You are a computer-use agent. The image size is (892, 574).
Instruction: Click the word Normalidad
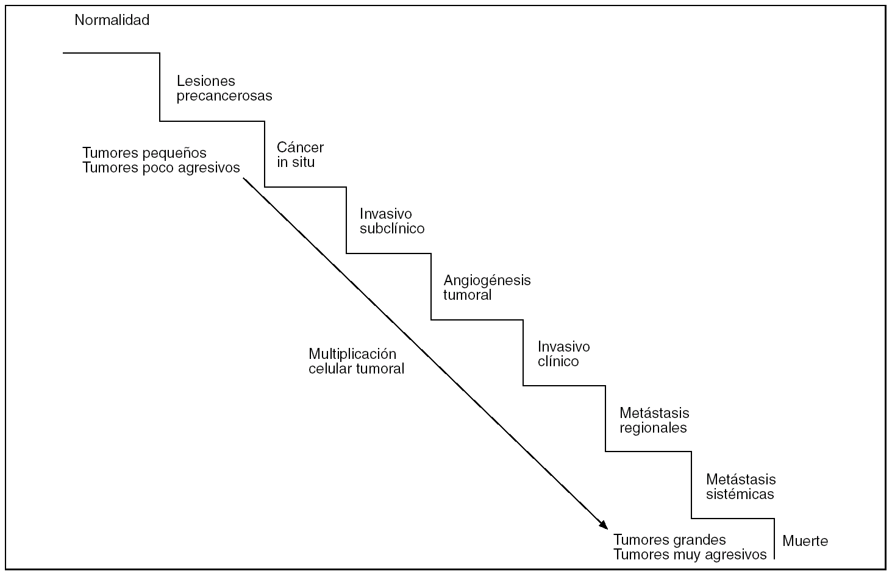coord(112,20)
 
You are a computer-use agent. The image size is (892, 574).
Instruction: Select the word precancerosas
coord(224,96)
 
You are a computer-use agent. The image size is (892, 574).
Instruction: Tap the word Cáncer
coord(300,147)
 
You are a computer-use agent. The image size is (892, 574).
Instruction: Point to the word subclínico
coord(391,229)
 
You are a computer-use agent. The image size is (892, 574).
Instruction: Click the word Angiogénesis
coord(487,281)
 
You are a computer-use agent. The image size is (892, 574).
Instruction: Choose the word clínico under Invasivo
coord(558,361)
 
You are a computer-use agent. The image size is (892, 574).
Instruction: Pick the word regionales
coord(653,428)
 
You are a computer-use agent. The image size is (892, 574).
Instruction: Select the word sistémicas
coord(740,494)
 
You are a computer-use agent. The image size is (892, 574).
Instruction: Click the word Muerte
coord(805,541)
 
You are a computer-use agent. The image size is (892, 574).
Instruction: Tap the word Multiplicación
coord(352,354)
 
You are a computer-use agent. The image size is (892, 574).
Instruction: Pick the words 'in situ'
coord(296,163)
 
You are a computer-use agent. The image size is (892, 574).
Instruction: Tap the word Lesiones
coord(205,81)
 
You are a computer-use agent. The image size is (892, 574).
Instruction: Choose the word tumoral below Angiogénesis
coord(467,296)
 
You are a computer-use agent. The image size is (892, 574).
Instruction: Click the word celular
coord(330,369)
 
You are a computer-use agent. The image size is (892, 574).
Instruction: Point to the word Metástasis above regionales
coord(654,413)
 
